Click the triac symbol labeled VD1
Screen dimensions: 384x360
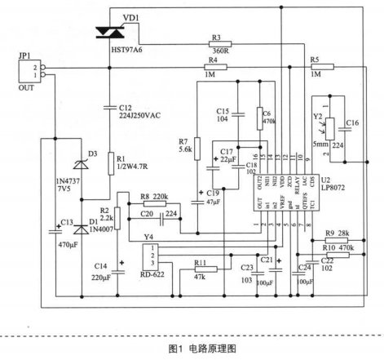(x=110, y=32)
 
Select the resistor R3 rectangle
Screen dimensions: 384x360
(x=220, y=44)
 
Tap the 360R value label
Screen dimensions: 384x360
(x=221, y=51)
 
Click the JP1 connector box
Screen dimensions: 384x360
(x=29, y=71)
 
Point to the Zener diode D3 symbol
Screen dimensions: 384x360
(x=82, y=165)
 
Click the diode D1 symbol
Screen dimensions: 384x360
(x=82, y=230)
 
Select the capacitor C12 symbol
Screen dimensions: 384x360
(x=110, y=108)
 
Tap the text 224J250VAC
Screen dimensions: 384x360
(x=139, y=116)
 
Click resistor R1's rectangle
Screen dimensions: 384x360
(x=111, y=163)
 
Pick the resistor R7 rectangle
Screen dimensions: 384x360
(x=197, y=149)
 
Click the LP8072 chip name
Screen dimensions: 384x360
(x=333, y=188)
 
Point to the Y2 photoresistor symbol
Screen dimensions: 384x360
(x=329, y=129)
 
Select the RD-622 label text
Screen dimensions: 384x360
(x=152, y=274)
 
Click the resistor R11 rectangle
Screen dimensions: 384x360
(x=206, y=269)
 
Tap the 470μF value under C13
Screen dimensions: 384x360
(x=68, y=245)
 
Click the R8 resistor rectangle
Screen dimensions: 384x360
(x=155, y=203)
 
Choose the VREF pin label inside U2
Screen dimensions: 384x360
(x=283, y=202)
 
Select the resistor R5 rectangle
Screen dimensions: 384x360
(x=323, y=67)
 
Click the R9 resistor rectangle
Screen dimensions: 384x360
(x=337, y=240)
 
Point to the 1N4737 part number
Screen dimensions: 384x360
(x=68, y=181)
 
